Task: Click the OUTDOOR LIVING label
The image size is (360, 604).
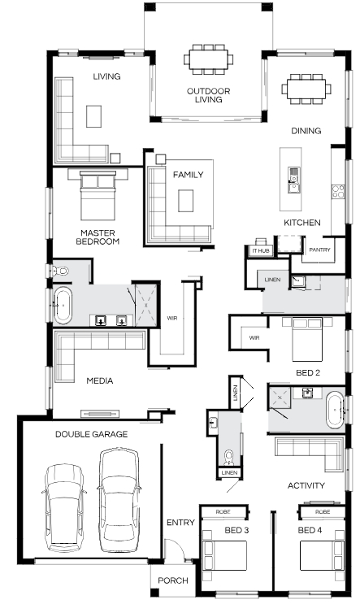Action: click(208, 95)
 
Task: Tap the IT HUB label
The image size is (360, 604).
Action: click(261, 250)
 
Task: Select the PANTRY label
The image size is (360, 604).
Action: click(319, 250)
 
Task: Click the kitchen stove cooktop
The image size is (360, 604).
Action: click(338, 192)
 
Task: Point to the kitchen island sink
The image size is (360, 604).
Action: click(293, 180)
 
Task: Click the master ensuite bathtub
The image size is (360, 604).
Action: click(63, 306)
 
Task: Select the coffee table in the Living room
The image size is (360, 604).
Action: click(93, 116)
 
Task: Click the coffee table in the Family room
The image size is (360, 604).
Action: click(185, 200)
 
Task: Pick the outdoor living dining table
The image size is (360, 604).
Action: click(208, 59)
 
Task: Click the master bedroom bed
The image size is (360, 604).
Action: click(98, 195)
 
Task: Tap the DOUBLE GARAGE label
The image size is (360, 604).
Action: click(91, 434)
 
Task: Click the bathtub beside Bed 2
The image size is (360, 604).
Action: click(335, 410)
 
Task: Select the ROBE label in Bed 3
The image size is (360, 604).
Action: click(223, 512)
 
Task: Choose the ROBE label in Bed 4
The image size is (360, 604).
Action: click(323, 512)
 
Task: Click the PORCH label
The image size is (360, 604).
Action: click(173, 580)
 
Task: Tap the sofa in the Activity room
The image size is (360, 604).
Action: click(309, 453)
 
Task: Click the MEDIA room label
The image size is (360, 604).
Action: click(99, 381)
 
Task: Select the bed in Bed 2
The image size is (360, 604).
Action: click(307, 339)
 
